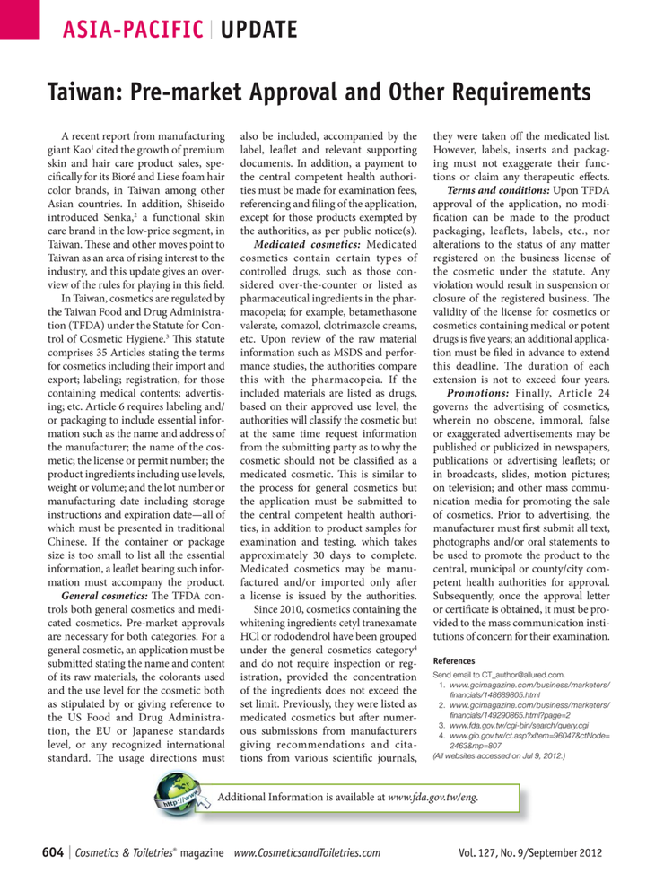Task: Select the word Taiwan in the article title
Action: (79, 92)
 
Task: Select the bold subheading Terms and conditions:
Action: (499, 216)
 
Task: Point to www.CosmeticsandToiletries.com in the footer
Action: (306, 852)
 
